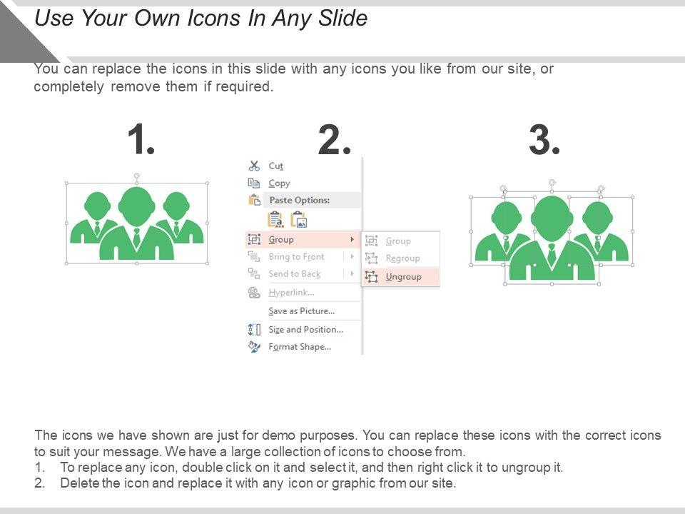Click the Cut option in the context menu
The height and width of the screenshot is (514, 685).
pyautogui.click(x=275, y=166)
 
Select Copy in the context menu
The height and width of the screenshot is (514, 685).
pyautogui.click(x=279, y=183)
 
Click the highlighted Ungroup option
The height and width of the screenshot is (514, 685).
pyautogui.click(x=403, y=277)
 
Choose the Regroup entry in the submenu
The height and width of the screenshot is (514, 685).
pyautogui.click(x=402, y=258)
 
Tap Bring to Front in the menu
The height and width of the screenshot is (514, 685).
pyautogui.click(x=296, y=256)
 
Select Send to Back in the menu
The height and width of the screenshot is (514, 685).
pyautogui.click(x=295, y=274)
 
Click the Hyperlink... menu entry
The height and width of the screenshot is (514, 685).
pyautogui.click(x=291, y=293)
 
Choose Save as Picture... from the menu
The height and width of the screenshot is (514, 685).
pyautogui.click(x=301, y=311)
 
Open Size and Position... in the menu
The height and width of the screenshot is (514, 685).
pyautogui.click(x=306, y=330)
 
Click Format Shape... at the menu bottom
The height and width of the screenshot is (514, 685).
pyautogui.click(x=300, y=347)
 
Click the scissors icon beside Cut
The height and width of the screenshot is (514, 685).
pyautogui.click(x=254, y=166)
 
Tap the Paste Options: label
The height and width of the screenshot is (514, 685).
pyautogui.click(x=299, y=200)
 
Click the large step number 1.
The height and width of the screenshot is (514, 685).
pyautogui.click(x=141, y=139)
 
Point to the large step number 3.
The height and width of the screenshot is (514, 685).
pyautogui.click(x=544, y=140)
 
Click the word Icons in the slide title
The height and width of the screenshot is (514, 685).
pyautogui.click(x=213, y=19)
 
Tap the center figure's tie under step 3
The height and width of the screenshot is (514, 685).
pyautogui.click(x=552, y=254)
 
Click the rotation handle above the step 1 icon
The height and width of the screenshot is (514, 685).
pyautogui.click(x=137, y=176)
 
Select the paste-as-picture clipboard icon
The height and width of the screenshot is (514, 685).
pyautogui.click(x=299, y=219)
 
